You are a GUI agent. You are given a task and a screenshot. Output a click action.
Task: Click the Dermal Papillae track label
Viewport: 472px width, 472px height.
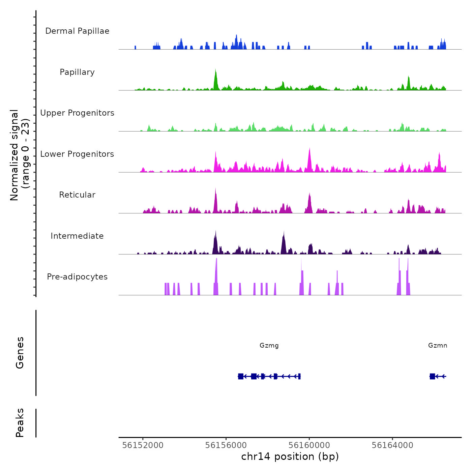(x=77, y=31)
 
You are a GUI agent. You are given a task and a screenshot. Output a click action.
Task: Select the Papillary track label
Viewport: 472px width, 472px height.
(x=77, y=72)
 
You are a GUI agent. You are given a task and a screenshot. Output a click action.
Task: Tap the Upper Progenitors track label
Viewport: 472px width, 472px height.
(x=77, y=113)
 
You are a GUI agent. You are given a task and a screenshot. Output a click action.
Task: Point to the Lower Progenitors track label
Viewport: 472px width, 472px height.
(x=77, y=154)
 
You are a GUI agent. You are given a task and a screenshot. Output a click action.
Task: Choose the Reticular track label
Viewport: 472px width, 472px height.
(x=77, y=195)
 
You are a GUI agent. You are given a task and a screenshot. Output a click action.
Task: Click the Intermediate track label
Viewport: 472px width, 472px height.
(x=77, y=236)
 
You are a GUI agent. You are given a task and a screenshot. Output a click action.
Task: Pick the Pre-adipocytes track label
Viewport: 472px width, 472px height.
(x=77, y=277)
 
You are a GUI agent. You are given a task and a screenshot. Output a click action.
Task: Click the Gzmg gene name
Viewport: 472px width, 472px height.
(x=269, y=345)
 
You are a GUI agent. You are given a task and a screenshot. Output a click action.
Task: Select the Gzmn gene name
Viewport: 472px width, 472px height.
(x=438, y=345)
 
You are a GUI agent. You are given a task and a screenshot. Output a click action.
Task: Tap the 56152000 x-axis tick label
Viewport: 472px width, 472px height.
(x=143, y=445)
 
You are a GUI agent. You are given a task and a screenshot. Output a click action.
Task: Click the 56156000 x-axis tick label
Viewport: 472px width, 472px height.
(x=226, y=445)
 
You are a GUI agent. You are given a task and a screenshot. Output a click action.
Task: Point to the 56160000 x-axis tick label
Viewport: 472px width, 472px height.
(x=309, y=445)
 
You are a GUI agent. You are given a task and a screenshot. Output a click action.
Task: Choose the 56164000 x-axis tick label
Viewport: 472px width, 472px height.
(x=392, y=445)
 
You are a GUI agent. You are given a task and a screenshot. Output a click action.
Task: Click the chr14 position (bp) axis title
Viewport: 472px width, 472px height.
(x=290, y=456)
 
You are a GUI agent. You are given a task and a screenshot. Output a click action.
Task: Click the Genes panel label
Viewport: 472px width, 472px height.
(x=20, y=353)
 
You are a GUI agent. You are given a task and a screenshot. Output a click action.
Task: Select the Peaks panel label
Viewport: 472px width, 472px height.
(x=20, y=423)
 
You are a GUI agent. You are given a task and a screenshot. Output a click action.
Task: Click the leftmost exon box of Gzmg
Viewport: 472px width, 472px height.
(x=241, y=376)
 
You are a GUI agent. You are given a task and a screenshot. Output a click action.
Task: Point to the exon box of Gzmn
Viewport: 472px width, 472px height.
(x=432, y=376)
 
